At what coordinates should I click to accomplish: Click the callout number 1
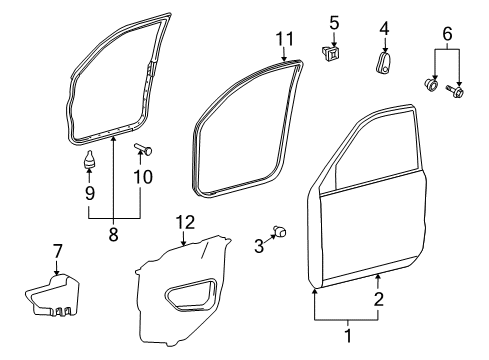coord(348,337)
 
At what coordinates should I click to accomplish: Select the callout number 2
coord(378,297)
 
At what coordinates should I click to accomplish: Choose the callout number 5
coord(335,21)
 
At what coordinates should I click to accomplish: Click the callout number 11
coord(284,39)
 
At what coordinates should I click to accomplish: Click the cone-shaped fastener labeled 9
coord(89,158)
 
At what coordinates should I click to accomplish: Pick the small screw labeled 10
coord(141,152)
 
